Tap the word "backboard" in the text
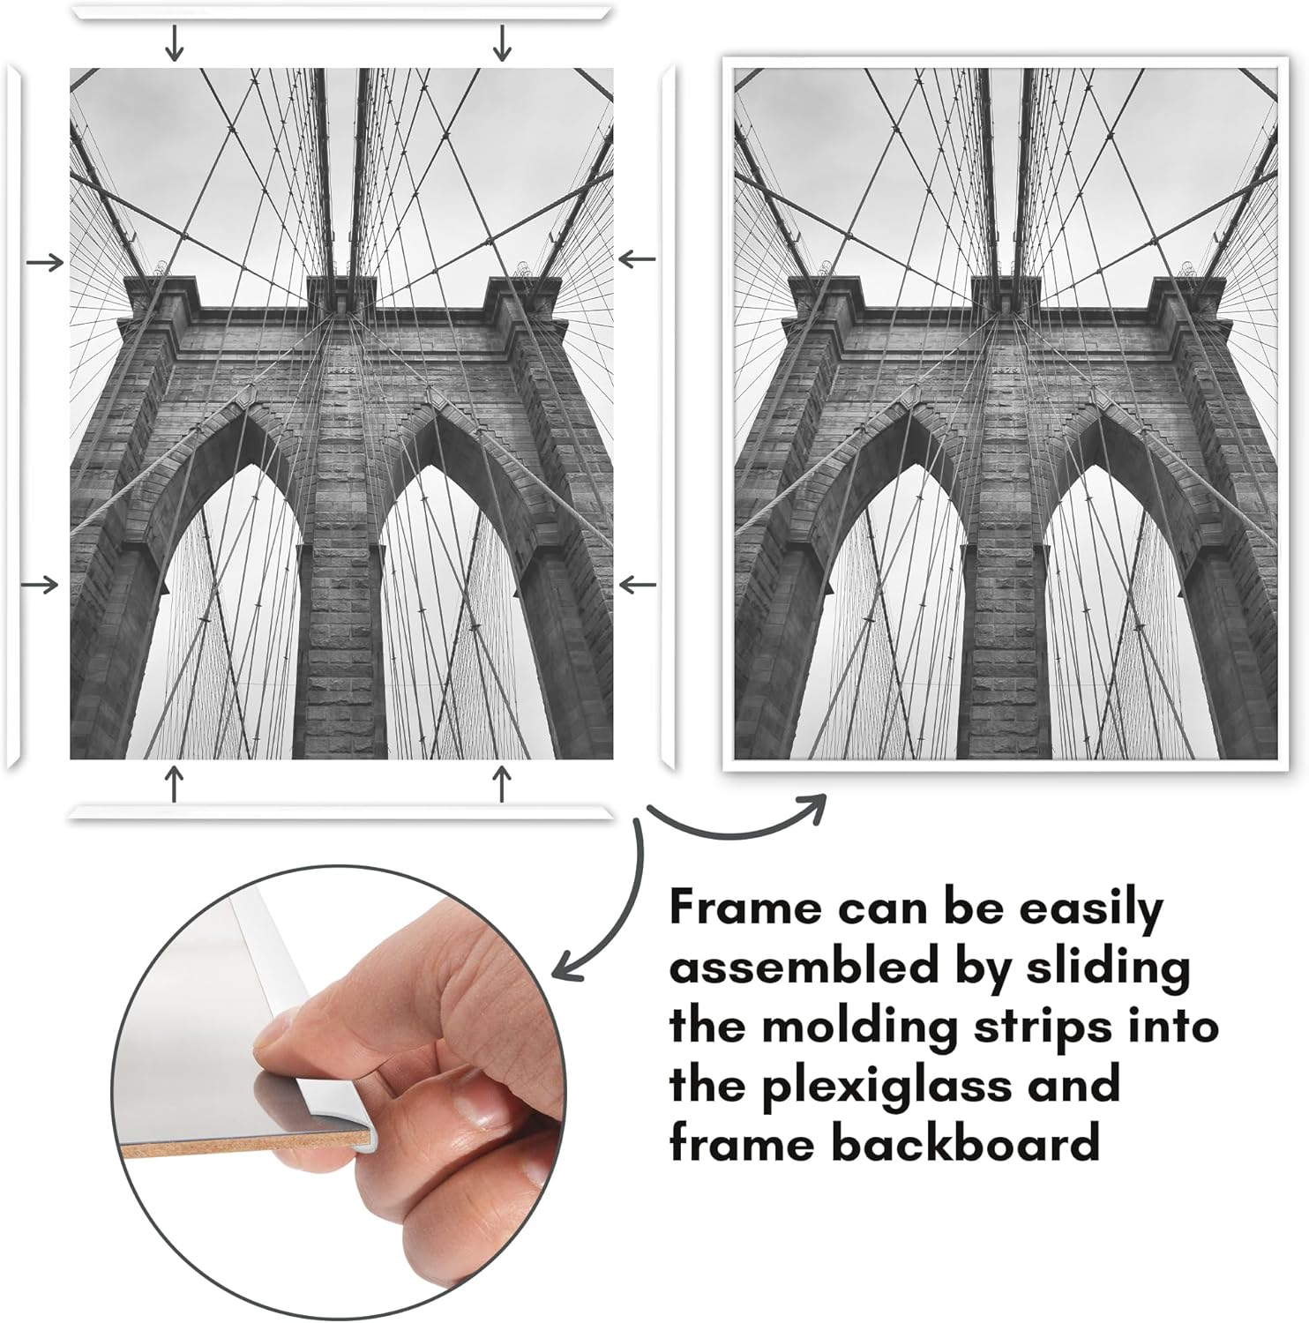(966, 1143)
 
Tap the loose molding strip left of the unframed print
(13, 416)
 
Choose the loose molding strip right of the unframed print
(668, 417)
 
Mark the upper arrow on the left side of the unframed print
(45, 262)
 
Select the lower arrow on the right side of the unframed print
(638, 584)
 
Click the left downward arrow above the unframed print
(176, 43)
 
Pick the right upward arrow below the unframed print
(503, 783)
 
